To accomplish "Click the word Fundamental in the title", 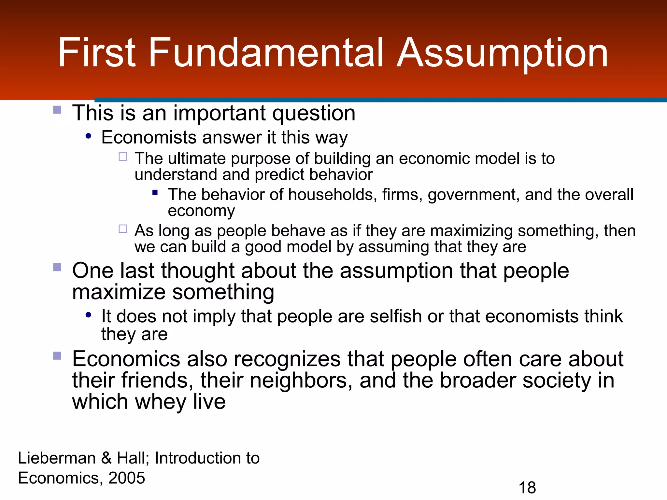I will click(266, 53).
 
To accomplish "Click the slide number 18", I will click(527, 488).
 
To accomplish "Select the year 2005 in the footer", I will click(127, 478).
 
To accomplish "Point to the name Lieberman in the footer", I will click(57, 458).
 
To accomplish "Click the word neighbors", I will click(301, 380).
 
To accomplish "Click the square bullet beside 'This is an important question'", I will click(57, 110).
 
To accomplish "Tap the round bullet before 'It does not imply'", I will click(88, 315).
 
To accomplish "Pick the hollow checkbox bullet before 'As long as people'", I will click(123, 229).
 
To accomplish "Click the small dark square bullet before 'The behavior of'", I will click(155, 193).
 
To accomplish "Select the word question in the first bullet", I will click(314, 114).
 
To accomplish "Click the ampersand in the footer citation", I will click(106, 458).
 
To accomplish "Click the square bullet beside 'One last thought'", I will click(57, 267).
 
